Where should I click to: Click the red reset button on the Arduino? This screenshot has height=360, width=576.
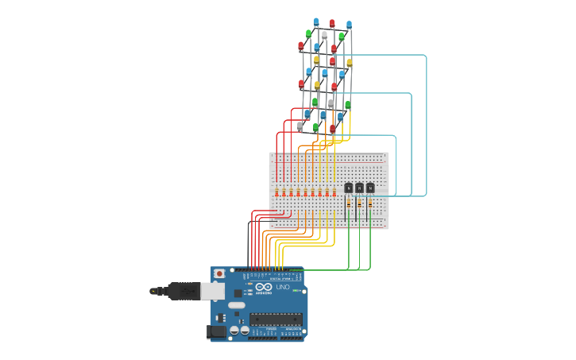tap(219, 273)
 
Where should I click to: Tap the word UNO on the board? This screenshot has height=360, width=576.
tap(284, 287)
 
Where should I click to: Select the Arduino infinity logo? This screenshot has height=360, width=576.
tap(264, 286)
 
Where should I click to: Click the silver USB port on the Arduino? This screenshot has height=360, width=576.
tap(212, 292)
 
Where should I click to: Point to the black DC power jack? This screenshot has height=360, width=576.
tap(215, 331)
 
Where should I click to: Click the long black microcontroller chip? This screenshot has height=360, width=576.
tap(276, 319)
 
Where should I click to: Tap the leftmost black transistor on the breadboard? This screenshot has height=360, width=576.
tap(349, 188)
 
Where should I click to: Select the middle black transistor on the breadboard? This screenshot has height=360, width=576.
tap(359, 188)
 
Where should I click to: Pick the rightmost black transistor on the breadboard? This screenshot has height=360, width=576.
tap(370, 188)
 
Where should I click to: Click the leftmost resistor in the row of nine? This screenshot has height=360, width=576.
tap(276, 192)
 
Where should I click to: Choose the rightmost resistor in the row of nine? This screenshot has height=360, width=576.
tap(334, 192)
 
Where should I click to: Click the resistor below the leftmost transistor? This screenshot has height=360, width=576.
tap(349, 203)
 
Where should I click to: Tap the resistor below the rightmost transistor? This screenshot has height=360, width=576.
tap(370, 203)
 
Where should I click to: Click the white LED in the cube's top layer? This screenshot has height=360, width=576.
tap(324, 35)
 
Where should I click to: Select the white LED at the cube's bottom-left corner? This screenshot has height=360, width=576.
tap(300, 126)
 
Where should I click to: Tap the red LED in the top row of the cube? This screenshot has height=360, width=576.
tap(332, 24)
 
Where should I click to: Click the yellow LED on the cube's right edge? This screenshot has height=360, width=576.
tap(349, 63)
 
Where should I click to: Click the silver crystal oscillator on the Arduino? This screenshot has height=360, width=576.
tap(237, 305)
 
